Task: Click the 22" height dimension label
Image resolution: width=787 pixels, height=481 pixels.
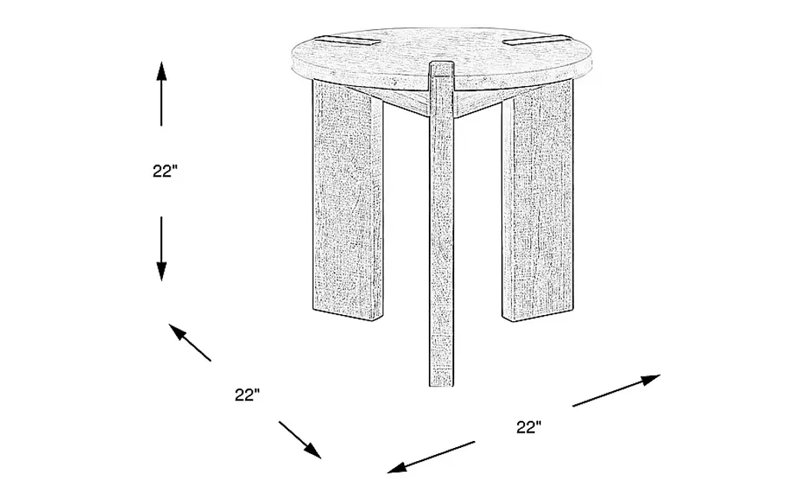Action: (165, 171)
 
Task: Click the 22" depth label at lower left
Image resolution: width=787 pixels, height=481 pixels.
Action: (247, 395)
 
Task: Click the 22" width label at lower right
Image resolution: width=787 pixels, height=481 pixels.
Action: (529, 427)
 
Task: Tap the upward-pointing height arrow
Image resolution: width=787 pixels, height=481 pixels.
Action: (161, 93)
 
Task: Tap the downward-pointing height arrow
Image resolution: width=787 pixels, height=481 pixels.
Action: (161, 249)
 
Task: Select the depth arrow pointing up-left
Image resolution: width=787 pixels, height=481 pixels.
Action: (190, 343)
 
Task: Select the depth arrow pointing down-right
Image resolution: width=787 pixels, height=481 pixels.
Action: (301, 440)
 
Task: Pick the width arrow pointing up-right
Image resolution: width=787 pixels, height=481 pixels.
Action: (616, 390)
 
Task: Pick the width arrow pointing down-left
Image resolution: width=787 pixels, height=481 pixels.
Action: (431, 457)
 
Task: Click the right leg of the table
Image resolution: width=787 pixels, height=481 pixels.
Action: (537, 200)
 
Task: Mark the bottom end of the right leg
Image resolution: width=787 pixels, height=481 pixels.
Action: (537, 315)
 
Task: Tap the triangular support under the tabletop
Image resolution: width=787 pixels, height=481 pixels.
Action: (442, 102)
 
